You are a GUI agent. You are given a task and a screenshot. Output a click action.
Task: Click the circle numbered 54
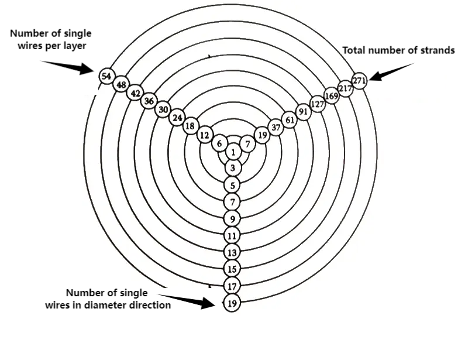[106, 77]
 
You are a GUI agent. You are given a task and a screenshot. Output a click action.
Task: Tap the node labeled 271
[359, 80]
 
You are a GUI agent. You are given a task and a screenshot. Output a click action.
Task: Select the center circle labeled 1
[233, 152]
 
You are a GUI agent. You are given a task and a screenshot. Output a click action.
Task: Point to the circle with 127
[318, 104]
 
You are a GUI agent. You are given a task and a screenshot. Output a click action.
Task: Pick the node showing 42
[135, 93]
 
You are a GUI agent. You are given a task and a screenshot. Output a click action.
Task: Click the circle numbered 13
[233, 253]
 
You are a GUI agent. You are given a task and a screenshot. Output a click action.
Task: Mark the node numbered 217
[345, 88]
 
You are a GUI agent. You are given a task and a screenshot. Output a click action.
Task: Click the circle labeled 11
[233, 236]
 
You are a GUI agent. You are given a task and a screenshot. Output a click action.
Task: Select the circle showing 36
[149, 101]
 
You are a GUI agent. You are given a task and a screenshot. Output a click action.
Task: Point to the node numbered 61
[290, 120]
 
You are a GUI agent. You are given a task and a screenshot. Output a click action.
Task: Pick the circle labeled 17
[233, 286]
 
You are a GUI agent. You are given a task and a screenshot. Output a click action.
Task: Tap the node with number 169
[332, 96]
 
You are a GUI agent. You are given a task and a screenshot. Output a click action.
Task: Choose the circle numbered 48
[121, 85]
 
